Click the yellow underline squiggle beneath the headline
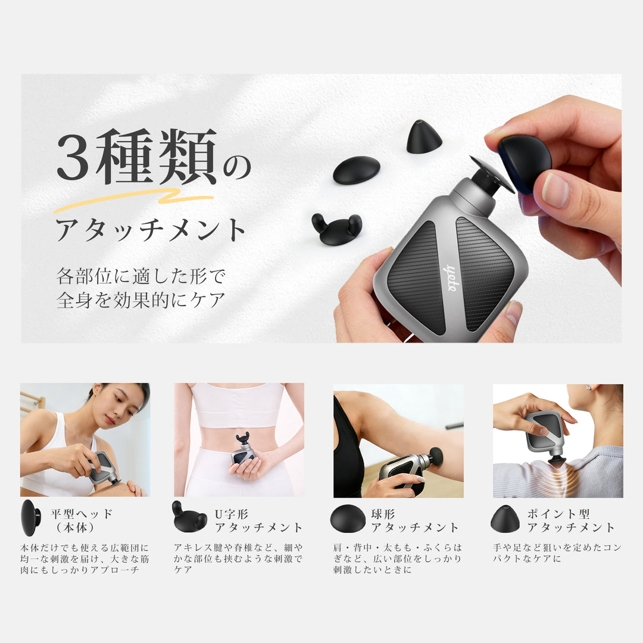click(x=134, y=199)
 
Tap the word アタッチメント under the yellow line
click(x=151, y=230)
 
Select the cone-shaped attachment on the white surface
click(x=423, y=137)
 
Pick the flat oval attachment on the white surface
click(x=356, y=170)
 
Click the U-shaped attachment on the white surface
click(x=337, y=229)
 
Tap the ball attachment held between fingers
click(x=524, y=162)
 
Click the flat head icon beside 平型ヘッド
click(x=30, y=518)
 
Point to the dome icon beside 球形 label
click(x=348, y=519)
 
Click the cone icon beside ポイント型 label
click(x=505, y=519)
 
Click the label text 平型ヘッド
click(x=82, y=514)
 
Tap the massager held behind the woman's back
click(x=242, y=452)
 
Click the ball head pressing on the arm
click(x=436, y=457)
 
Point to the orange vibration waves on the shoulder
click(x=566, y=477)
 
